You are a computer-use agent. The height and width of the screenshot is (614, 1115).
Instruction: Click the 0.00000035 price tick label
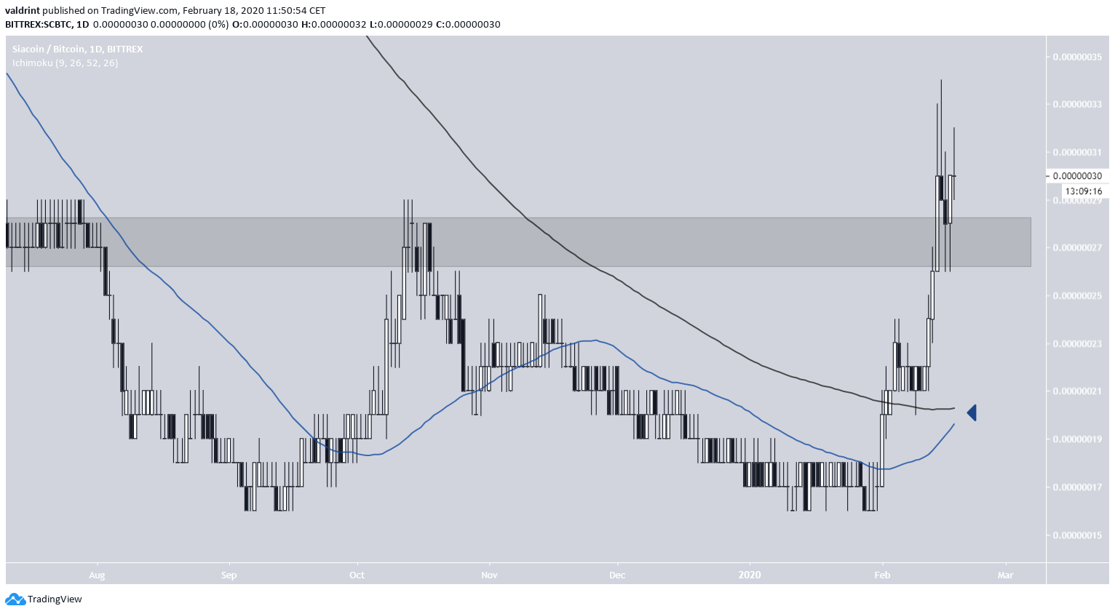(x=1077, y=57)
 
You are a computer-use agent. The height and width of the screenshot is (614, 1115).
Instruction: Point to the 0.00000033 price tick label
(x=1077, y=105)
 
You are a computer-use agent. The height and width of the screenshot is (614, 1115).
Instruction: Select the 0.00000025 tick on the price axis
(x=1077, y=296)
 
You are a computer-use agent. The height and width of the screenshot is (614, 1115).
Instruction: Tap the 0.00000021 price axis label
(x=1077, y=391)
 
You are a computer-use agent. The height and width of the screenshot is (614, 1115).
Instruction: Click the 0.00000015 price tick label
(x=1077, y=535)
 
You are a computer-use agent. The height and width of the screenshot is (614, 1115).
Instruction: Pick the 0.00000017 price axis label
(x=1077, y=487)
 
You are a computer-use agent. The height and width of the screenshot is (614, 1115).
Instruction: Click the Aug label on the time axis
(x=97, y=575)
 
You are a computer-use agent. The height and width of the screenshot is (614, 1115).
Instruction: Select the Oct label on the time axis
(x=357, y=575)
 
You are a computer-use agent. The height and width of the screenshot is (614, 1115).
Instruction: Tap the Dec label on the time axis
(x=617, y=575)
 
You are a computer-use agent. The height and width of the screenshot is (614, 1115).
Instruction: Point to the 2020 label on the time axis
(x=750, y=575)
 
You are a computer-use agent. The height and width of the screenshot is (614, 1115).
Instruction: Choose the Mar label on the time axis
(x=1005, y=575)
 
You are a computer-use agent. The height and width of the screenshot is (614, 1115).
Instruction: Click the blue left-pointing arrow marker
(x=972, y=413)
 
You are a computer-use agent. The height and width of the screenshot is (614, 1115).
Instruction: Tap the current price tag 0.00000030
(x=1077, y=176)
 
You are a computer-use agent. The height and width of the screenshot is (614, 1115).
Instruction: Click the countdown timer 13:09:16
(x=1083, y=191)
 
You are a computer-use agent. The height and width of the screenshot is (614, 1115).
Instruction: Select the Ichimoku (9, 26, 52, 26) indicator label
(x=65, y=63)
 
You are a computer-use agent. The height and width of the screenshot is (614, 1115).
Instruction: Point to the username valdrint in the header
(x=23, y=11)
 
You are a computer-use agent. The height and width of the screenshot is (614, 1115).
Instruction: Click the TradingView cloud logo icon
(x=15, y=599)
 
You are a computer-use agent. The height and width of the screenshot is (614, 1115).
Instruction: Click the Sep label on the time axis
(x=229, y=575)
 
